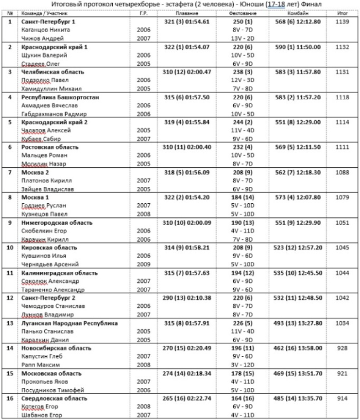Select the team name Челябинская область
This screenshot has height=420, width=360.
click(x=46, y=72)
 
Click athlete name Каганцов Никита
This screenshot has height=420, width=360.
click(x=46, y=30)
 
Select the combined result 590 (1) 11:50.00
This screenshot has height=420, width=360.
click(x=298, y=47)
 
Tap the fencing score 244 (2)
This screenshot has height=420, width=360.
click(x=243, y=122)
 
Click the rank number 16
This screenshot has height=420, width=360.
click(x=10, y=398)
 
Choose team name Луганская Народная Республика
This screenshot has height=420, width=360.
click(x=69, y=323)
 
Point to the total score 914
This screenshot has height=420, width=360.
click(x=343, y=398)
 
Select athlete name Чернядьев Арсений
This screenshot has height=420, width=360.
click(x=50, y=264)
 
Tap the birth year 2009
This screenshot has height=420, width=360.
click(x=143, y=264)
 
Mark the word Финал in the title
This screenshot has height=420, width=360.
click(x=312, y=4)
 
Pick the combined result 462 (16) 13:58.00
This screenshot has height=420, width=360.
click(x=298, y=348)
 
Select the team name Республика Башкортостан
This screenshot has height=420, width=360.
click(x=60, y=97)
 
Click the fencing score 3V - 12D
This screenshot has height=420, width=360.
click(x=243, y=364)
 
